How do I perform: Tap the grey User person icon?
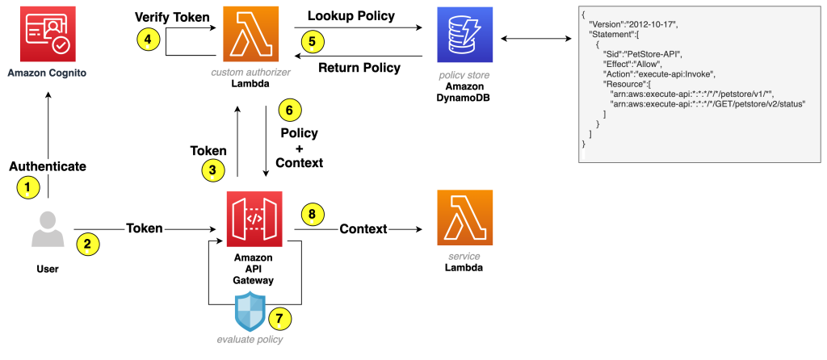(x=46, y=230)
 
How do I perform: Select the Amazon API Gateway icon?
(x=254, y=220)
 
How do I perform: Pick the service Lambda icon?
(x=464, y=218)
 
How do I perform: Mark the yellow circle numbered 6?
(x=289, y=109)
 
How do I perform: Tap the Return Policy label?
(x=359, y=68)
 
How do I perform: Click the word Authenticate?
(x=47, y=166)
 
